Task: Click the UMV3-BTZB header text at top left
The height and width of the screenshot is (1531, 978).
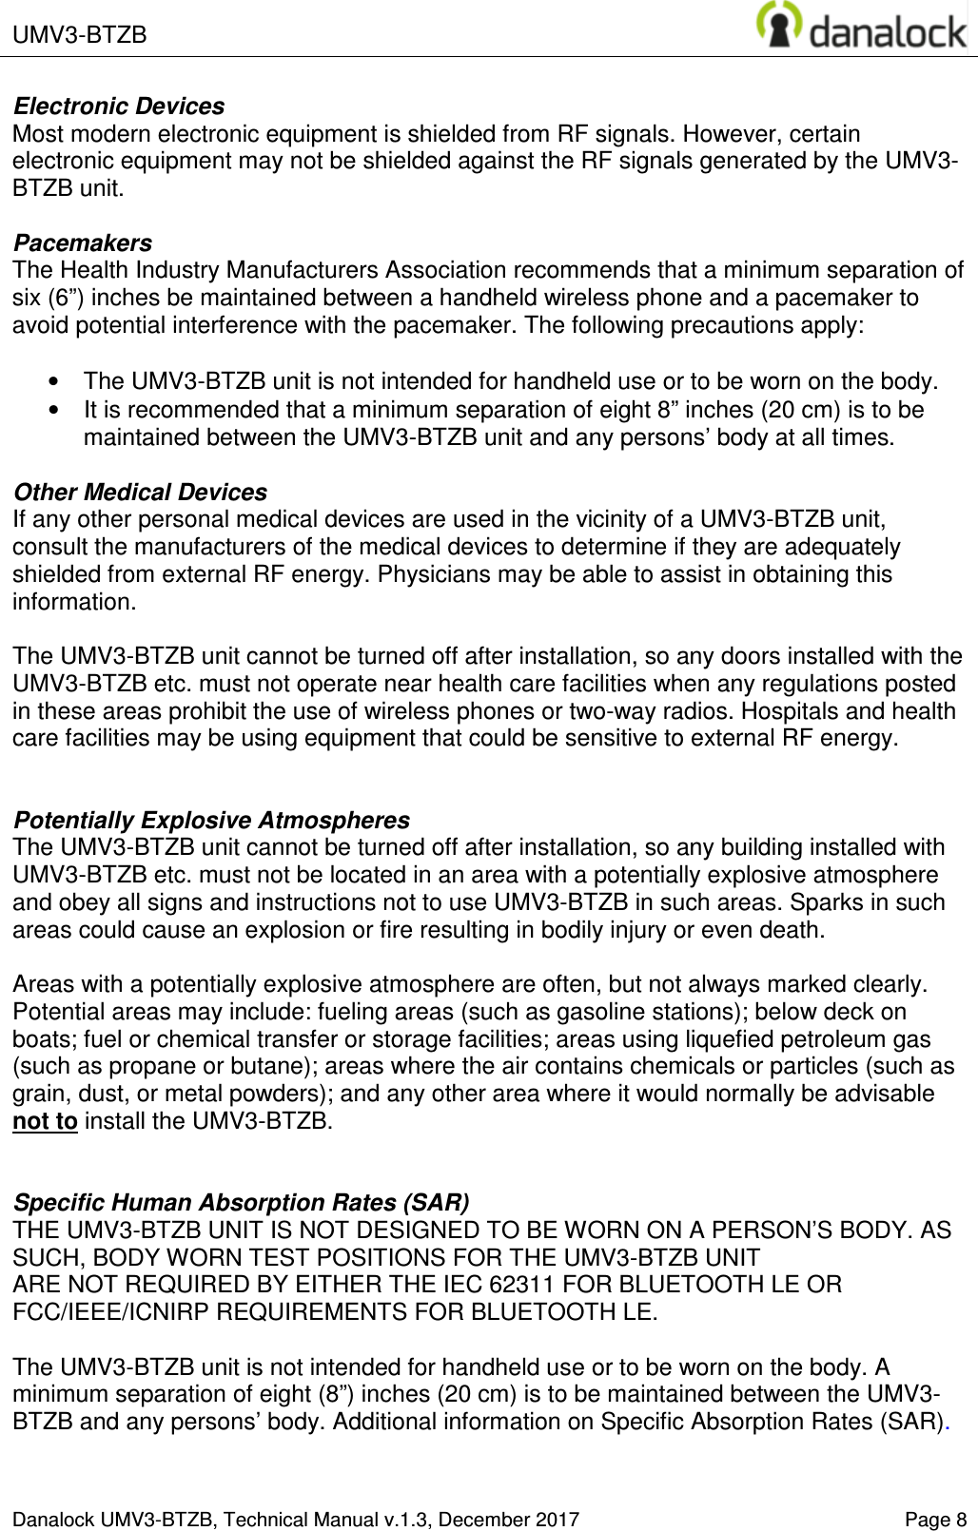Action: tap(80, 35)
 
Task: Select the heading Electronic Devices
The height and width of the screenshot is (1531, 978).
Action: tap(119, 106)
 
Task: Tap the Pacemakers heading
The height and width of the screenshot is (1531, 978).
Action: tap(83, 242)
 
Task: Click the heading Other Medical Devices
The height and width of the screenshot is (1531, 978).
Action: tap(140, 492)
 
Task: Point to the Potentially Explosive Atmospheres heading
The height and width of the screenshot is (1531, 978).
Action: tap(212, 820)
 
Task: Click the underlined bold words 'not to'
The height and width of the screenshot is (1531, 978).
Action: tap(45, 1121)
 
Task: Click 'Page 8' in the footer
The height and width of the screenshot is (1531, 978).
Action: tap(935, 1520)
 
